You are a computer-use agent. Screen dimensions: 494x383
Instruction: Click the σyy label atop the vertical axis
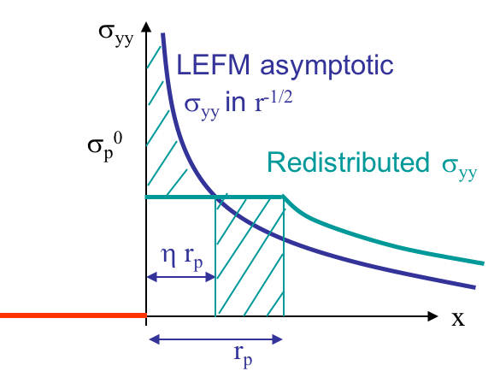(x=116, y=35)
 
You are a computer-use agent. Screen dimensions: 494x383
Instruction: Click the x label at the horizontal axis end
(x=458, y=319)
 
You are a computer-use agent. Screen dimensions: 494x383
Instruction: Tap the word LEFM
(x=214, y=65)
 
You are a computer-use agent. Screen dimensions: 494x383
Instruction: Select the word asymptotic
(x=326, y=67)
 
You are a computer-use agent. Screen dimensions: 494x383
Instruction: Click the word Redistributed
(x=348, y=162)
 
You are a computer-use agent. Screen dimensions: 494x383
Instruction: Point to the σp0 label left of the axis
(x=104, y=146)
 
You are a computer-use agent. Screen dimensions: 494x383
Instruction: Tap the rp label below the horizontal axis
(x=243, y=356)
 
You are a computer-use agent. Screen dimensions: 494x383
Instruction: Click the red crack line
(x=74, y=315)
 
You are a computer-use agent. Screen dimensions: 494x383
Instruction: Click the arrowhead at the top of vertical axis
(x=146, y=27)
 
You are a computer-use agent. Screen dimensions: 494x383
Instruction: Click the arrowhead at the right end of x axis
(x=432, y=316)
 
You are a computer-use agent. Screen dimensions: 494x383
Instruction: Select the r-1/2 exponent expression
(x=273, y=101)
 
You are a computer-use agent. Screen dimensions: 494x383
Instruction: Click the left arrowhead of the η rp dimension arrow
(x=152, y=277)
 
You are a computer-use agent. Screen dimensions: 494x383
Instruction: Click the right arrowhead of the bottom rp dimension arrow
(x=277, y=339)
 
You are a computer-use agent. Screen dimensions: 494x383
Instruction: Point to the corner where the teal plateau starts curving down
(x=284, y=197)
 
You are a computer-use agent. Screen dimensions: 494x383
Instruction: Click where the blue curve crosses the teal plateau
(x=215, y=197)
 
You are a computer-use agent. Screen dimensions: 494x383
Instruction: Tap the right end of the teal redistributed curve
(x=483, y=263)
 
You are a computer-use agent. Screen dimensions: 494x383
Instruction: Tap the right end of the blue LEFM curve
(x=475, y=287)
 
